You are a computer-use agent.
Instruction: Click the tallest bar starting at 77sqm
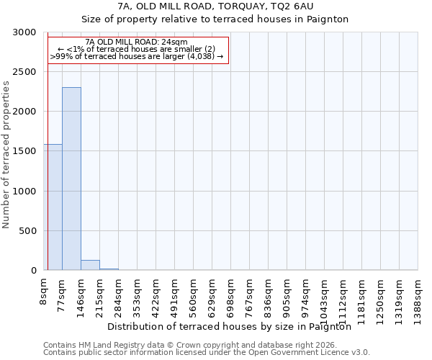click(x=71, y=179)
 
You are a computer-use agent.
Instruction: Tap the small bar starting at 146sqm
click(x=90, y=265)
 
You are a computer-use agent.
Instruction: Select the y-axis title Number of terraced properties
click(x=6, y=155)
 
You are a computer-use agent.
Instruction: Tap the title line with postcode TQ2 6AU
click(x=215, y=6)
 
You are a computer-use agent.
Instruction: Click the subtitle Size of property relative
click(x=215, y=19)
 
